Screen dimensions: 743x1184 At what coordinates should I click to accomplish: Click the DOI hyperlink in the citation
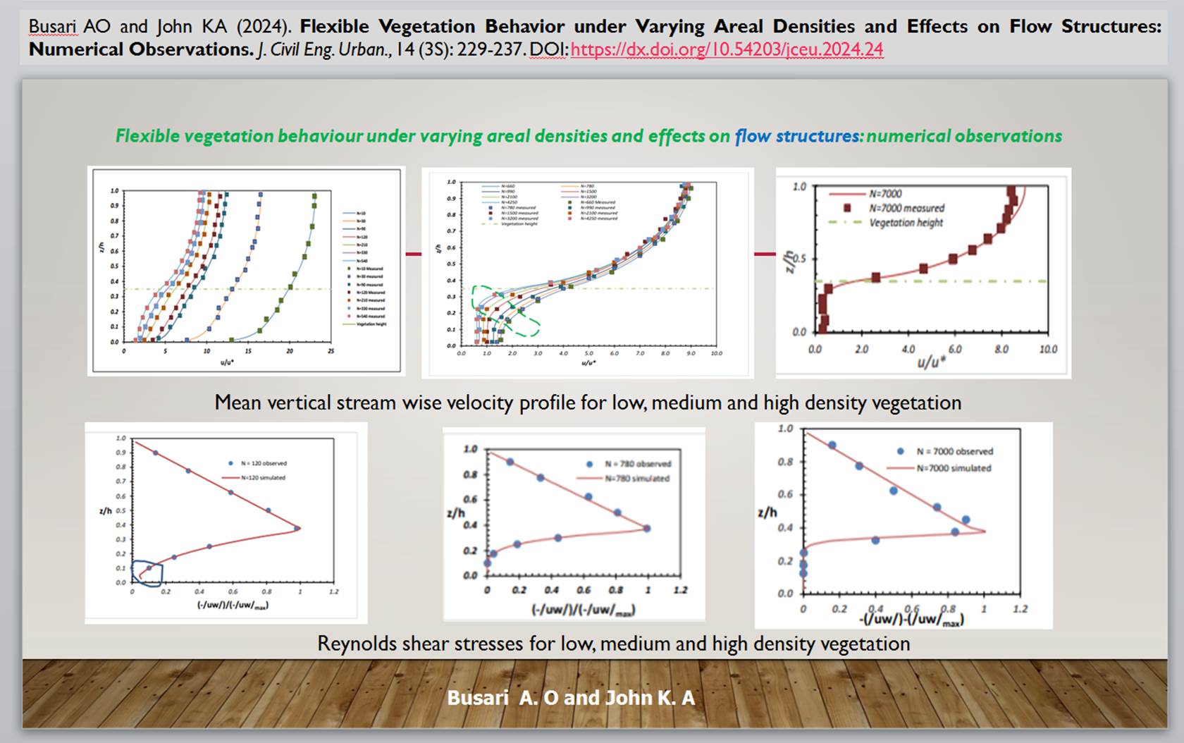[727, 49]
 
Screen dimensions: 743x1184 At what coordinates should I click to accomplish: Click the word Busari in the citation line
[52, 27]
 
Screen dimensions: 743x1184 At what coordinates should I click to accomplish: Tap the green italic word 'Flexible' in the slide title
[147, 136]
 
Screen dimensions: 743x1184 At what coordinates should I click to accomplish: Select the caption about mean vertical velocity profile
[588, 403]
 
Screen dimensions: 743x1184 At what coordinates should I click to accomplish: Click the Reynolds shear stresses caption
[613, 644]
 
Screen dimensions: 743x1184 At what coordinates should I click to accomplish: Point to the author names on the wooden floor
[571, 698]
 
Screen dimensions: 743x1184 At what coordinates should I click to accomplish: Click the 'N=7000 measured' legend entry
[906, 208]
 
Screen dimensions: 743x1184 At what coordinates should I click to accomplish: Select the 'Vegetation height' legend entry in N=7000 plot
[906, 223]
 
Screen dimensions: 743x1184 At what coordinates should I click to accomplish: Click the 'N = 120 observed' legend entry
[263, 463]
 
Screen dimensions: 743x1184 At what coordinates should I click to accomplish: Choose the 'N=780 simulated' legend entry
[636, 479]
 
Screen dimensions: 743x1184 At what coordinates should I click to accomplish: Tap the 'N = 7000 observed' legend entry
[954, 451]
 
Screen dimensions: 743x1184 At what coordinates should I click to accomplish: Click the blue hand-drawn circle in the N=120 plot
[147, 572]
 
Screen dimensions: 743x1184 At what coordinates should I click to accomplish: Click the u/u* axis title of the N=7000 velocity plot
[931, 363]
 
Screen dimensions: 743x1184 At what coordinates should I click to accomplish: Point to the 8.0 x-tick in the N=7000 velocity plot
[1001, 349]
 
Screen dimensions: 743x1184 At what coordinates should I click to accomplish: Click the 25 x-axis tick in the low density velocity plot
[331, 350]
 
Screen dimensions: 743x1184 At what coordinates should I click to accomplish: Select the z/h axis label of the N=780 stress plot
[456, 512]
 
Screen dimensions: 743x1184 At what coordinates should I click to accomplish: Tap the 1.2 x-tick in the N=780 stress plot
[680, 590]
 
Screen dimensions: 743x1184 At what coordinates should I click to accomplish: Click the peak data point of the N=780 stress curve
[647, 528]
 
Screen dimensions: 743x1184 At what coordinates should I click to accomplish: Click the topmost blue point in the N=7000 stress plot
[832, 446]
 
